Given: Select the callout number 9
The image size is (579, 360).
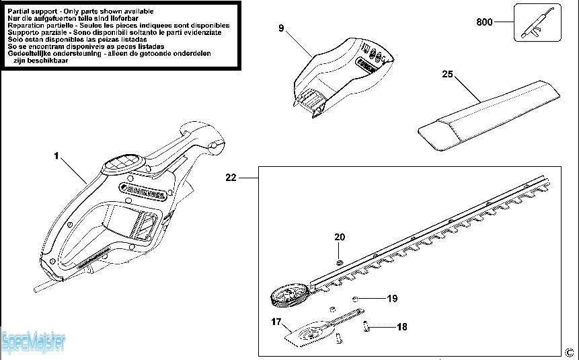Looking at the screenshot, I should pyautogui.click(x=281, y=28).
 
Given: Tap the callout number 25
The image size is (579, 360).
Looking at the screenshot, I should pyautogui.click(x=447, y=74).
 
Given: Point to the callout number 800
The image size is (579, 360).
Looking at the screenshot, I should pyautogui.click(x=484, y=22).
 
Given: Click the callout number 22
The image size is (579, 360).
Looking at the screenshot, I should pyautogui.click(x=231, y=178).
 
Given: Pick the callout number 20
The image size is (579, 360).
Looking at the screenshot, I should pyautogui.click(x=340, y=237).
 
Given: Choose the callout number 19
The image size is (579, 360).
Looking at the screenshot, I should pyautogui.click(x=393, y=297).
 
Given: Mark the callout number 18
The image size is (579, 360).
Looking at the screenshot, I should pyautogui.click(x=401, y=328).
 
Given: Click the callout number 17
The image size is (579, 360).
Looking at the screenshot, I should pyautogui.click(x=276, y=322).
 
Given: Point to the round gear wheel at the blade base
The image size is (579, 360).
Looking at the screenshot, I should pyautogui.click(x=287, y=296).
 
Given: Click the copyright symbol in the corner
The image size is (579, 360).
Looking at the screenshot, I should pyautogui.click(x=570, y=352).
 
